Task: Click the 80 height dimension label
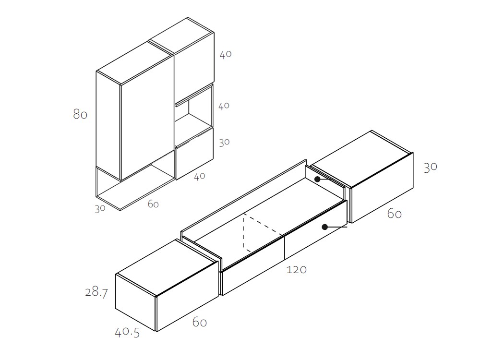[x=80, y=114]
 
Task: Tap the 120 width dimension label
[x=296, y=270]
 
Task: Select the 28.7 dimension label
[x=96, y=292]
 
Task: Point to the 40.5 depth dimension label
[x=127, y=333]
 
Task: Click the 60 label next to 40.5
[x=200, y=322]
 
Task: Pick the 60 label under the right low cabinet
[x=394, y=214]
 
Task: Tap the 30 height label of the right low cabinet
[x=431, y=167]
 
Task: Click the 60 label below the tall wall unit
[x=153, y=204]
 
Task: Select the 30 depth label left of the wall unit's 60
[x=100, y=209]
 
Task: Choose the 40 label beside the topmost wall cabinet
[x=226, y=55]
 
